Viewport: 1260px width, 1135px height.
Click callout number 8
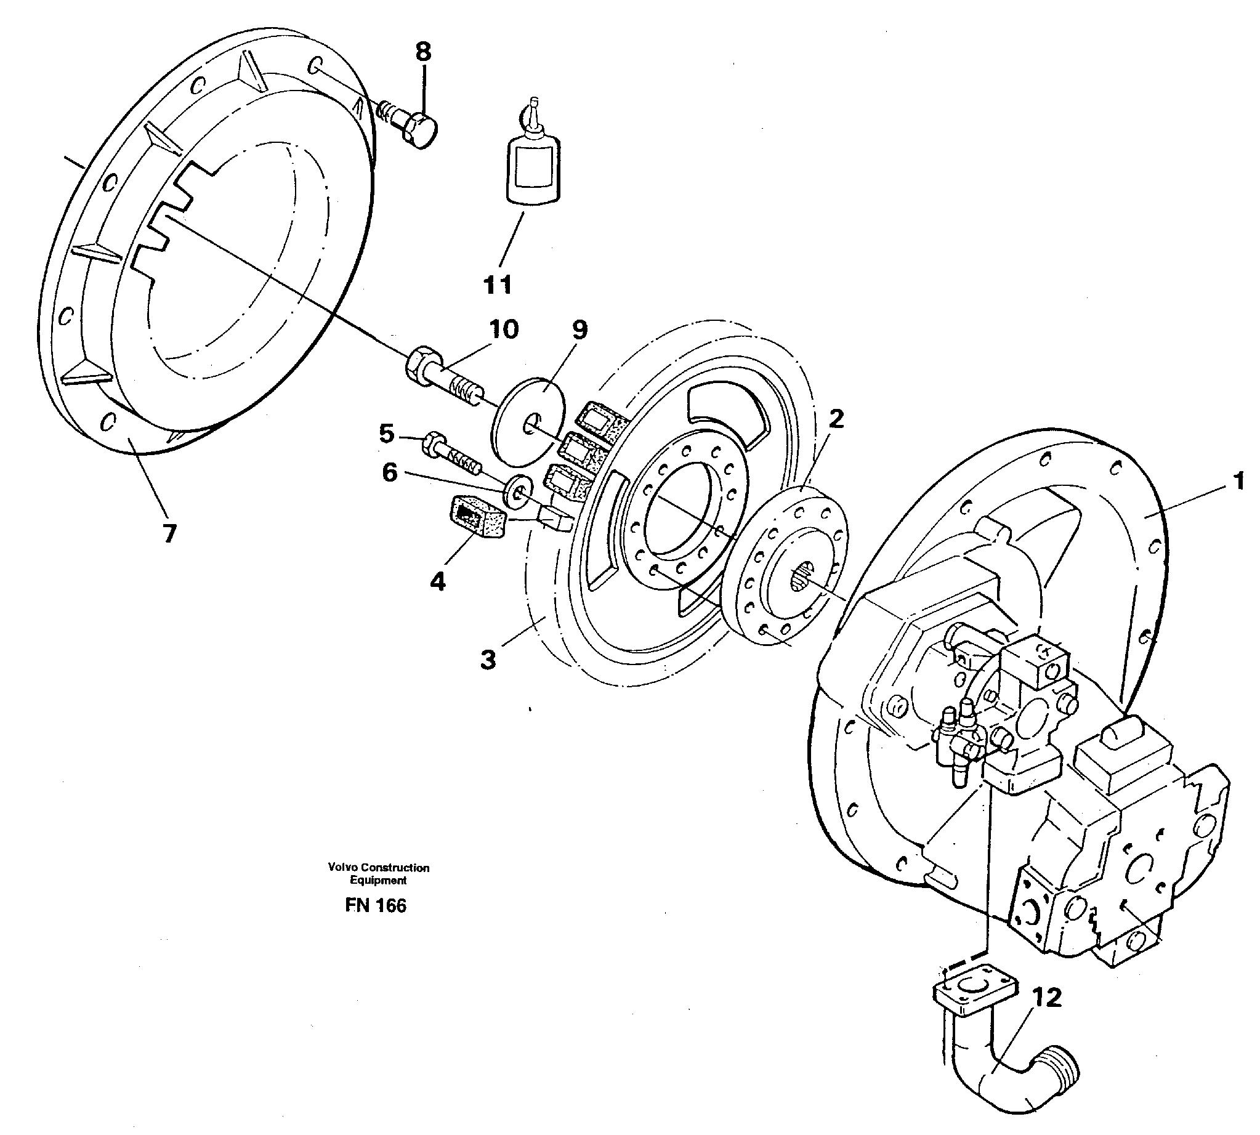pos(422,52)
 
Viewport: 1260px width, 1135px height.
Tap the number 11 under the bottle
pos(498,285)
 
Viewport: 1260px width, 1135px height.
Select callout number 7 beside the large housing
pos(169,533)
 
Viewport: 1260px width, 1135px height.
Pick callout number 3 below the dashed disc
pos(488,659)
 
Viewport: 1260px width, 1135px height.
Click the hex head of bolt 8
pos(419,131)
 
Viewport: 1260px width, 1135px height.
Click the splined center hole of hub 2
pos(803,575)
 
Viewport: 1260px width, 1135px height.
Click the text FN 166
pos(375,906)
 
